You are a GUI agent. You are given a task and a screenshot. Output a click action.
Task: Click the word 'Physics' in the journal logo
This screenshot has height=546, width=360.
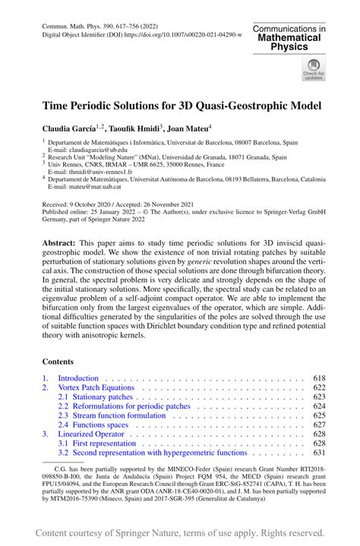289,47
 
